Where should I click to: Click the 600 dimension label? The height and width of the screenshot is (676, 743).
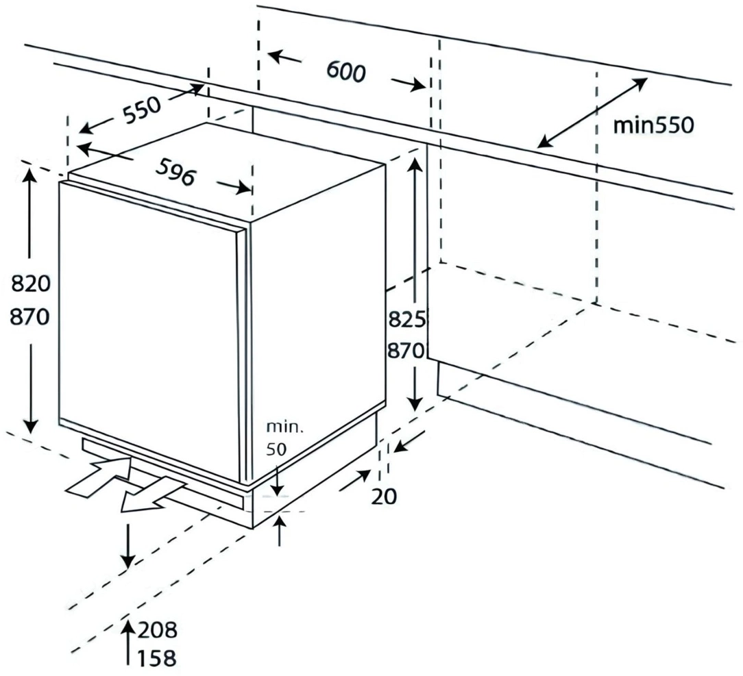[346, 72]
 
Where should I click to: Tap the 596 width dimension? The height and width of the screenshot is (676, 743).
[175, 172]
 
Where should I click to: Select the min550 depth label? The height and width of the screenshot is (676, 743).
[653, 125]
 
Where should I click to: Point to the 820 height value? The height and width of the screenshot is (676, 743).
[30, 284]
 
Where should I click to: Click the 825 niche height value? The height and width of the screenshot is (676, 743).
[406, 321]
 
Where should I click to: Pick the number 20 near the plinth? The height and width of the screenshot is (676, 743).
[384, 497]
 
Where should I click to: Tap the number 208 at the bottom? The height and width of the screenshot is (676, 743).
[158, 630]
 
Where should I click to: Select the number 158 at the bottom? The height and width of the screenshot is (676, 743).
[158, 658]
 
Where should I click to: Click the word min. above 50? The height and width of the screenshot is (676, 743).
[284, 427]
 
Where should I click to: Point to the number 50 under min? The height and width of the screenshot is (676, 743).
[276, 449]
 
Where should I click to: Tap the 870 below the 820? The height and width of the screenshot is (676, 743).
[30, 316]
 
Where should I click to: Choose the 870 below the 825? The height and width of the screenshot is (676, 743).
[406, 351]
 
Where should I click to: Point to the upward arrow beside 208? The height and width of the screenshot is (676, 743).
[127, 643]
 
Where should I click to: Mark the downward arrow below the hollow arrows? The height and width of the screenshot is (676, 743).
[127, 545]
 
